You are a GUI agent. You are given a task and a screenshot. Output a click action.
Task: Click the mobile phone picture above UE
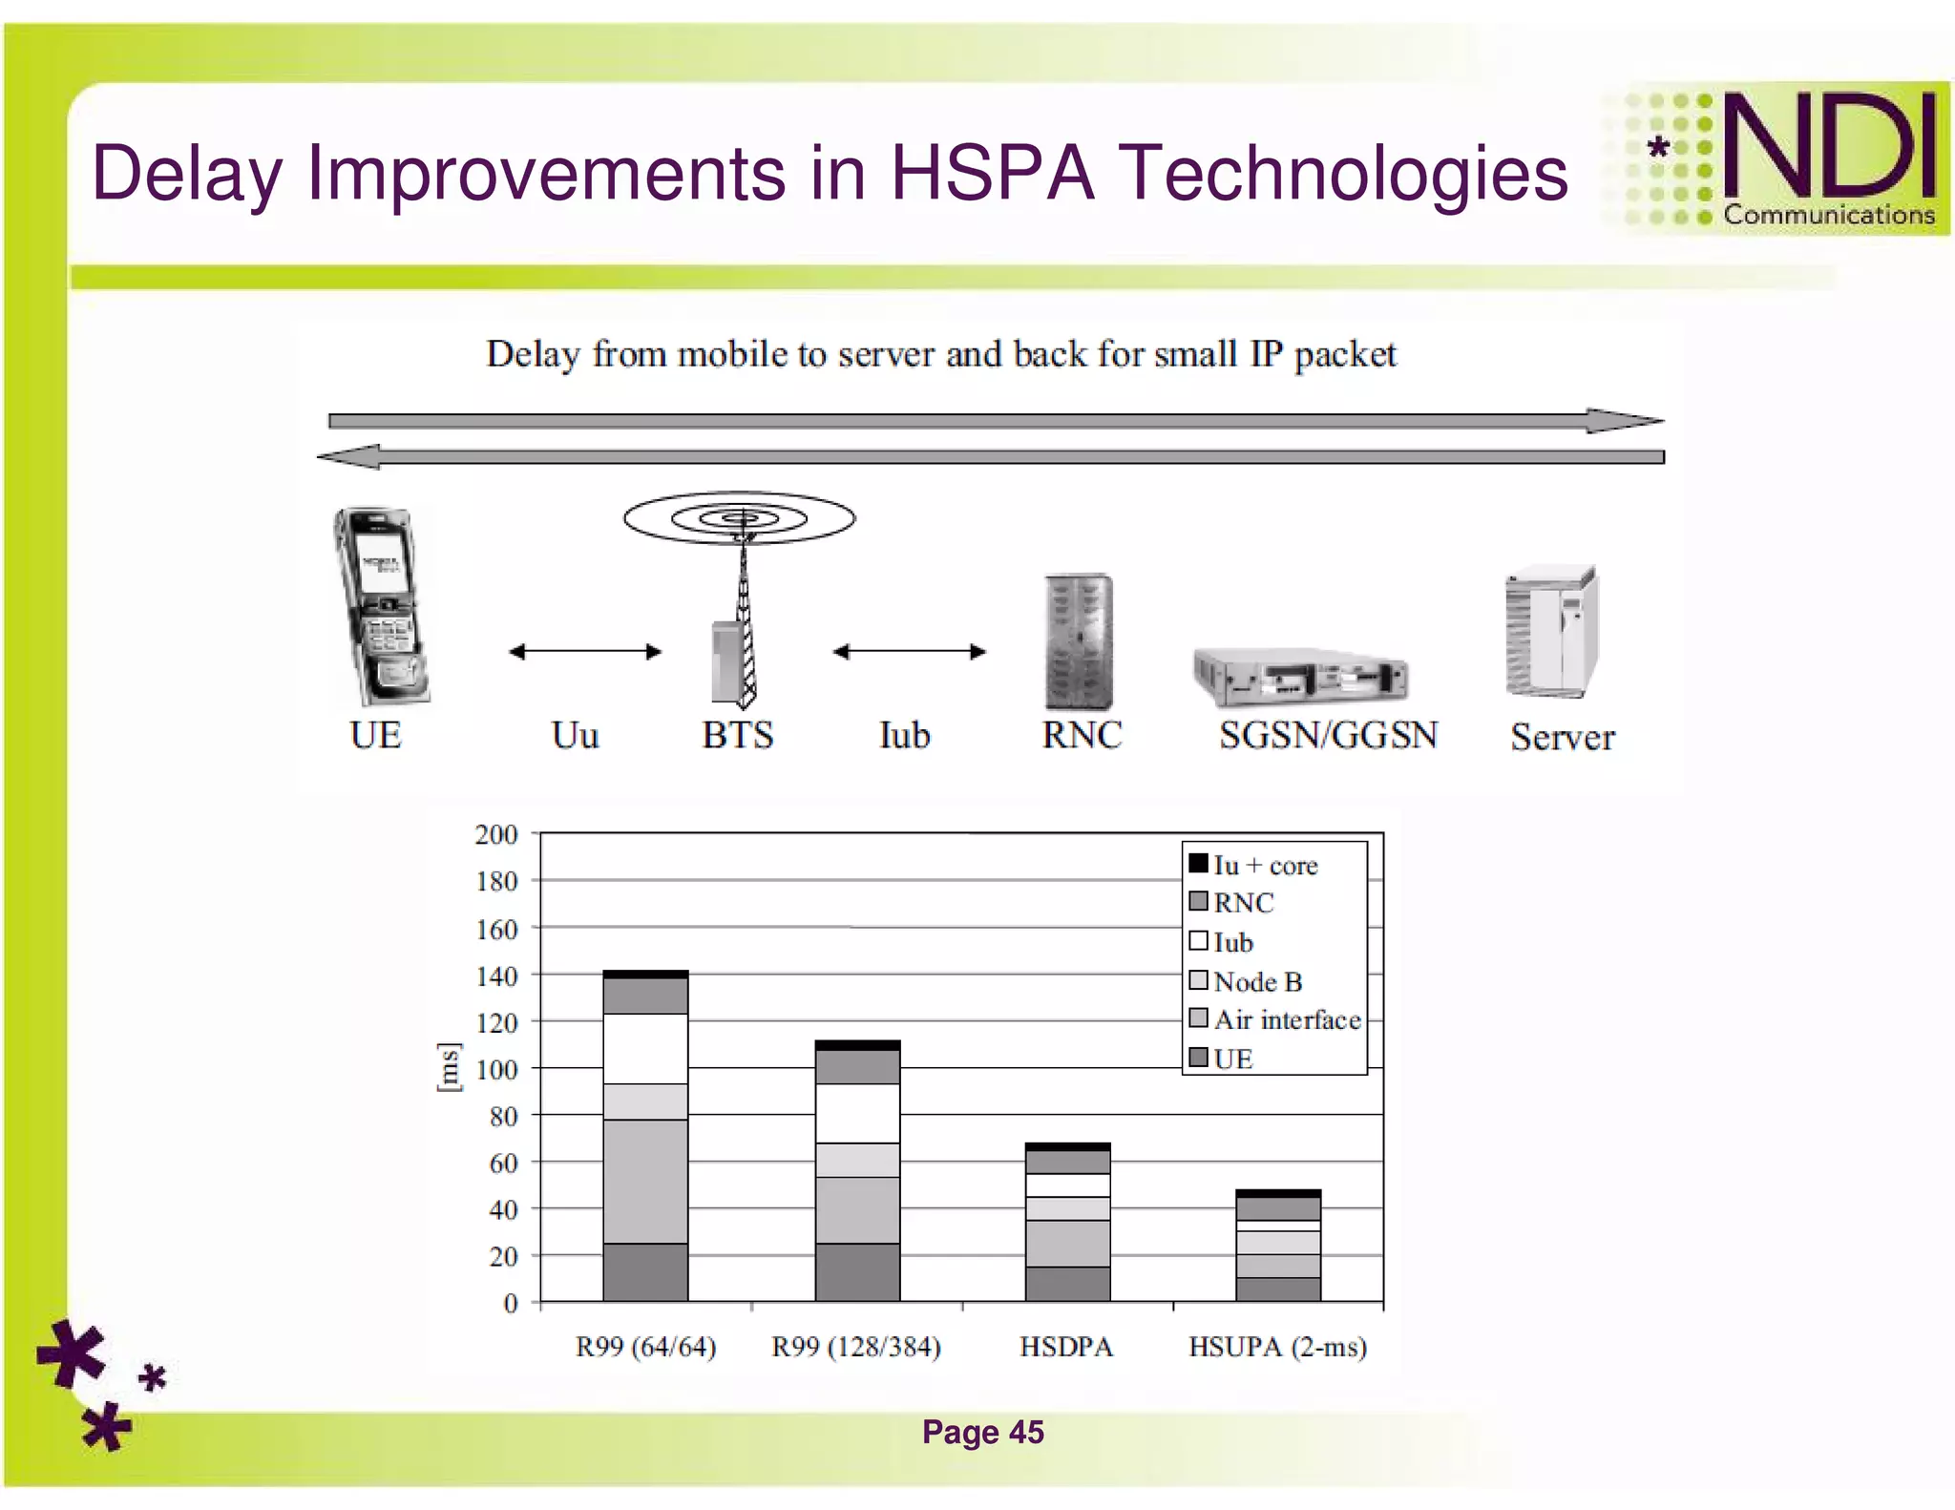click(x=380, y=607)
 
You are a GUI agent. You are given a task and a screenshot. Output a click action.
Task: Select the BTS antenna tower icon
click(x=740, y=601)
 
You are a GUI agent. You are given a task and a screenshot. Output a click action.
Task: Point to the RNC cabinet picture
click(x=1079, y=641)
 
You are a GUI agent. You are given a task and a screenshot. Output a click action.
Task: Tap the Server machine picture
click(x=1551, y=632)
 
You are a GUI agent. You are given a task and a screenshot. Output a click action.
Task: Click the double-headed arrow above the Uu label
click(x=584, y=652)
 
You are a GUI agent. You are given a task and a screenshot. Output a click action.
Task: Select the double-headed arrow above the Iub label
click(x=909, y=652)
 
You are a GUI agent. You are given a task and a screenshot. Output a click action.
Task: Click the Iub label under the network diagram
click(x=904, y=736)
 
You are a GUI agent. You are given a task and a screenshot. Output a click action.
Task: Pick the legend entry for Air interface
click(x=1275, y=1019)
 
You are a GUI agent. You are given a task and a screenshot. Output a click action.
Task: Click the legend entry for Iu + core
click(x=1254, y=865)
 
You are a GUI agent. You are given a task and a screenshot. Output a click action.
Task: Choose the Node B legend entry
click(x=1247, y=981)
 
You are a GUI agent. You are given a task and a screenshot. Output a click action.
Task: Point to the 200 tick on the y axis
click(x=496, y=834)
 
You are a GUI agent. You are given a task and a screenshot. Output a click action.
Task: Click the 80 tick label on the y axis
click(x=503, y=1116)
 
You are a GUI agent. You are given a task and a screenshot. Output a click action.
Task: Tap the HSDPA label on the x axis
click(x=1066, y=1347)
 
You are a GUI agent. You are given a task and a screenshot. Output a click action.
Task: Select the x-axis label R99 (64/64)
click(x=645, y=1347)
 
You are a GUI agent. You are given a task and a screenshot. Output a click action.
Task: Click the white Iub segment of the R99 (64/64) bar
click(x=645, y=1048)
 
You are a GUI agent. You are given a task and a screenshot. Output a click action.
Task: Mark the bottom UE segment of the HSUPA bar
click(x=1277, y=1289)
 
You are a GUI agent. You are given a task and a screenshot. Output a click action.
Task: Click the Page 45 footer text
click(x=982, y=1432)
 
